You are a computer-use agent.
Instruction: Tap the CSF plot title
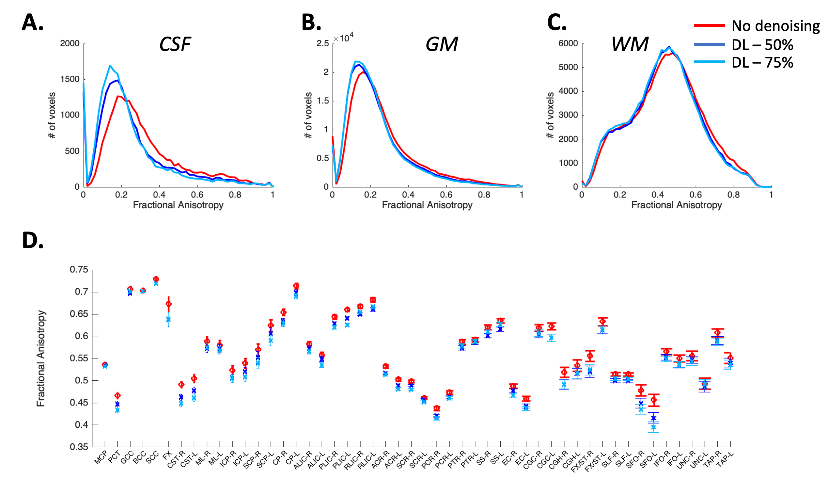point(175,44)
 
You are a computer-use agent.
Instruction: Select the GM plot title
point(441,44)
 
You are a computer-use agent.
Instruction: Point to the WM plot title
point(629,44)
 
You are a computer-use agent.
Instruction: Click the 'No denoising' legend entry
point(775,26)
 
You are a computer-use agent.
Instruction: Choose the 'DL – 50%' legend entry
point(762,45)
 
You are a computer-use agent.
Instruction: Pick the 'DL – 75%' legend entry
point(762,63)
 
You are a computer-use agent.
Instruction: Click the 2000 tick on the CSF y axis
point(70,43)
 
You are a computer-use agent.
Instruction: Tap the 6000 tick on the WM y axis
point(568,43)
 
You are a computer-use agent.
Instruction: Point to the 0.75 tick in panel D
point(79,270)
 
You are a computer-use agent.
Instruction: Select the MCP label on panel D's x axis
point(101,457)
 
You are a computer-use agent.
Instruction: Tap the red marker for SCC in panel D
point(156,279)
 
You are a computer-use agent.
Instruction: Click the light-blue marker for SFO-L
point(653,427)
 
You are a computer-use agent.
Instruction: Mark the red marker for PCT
point(117,395)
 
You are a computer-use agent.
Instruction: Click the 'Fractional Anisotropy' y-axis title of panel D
point(40,358)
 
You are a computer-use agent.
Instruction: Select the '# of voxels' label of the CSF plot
point(51,115)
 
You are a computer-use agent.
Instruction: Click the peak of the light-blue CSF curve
point(110,66)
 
